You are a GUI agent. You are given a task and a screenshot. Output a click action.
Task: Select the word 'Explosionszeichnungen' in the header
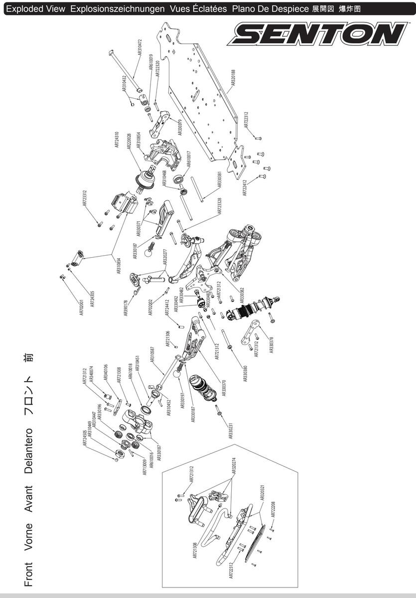point(118,9)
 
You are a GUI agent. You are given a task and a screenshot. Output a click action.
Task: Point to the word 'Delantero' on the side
point(29,449)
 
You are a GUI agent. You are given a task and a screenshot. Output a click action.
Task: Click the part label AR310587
point(152,357)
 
